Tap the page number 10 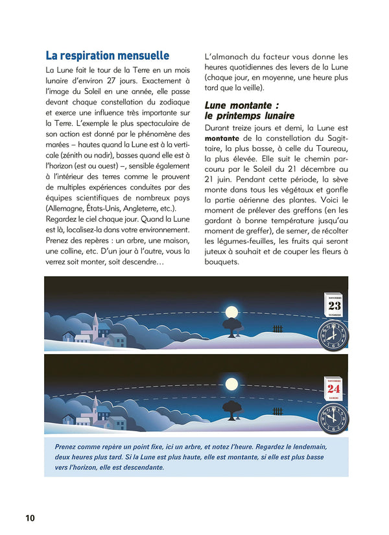(x=30, y=517)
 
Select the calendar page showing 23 (x=335, y=305)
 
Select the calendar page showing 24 (x=334, y=388)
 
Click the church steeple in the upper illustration (x=95, y=322)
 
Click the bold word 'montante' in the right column (x=222, y=138)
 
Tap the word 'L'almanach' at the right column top (x=228, y=57)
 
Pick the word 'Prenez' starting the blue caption (x=67, y=447)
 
